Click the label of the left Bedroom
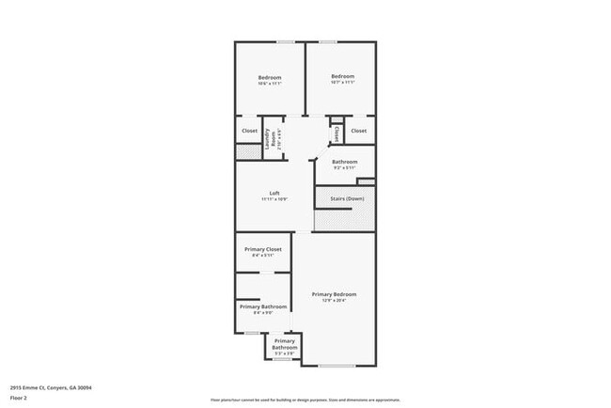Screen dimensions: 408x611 (270, 77)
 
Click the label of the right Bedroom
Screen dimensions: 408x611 (342, 76)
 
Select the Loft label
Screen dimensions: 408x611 (274, 194)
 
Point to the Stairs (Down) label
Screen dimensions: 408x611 (346, 198)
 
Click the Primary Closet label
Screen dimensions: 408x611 (263, 249)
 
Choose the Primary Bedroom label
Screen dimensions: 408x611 (340, 294)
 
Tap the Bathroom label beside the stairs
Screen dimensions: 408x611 (344, 162)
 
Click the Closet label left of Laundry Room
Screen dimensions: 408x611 (249, 131)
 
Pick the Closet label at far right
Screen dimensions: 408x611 (358, 131)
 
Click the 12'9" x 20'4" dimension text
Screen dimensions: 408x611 (340, 301)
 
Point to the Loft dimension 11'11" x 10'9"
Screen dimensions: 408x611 (274, 200)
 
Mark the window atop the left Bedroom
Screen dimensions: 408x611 (285, 41)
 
